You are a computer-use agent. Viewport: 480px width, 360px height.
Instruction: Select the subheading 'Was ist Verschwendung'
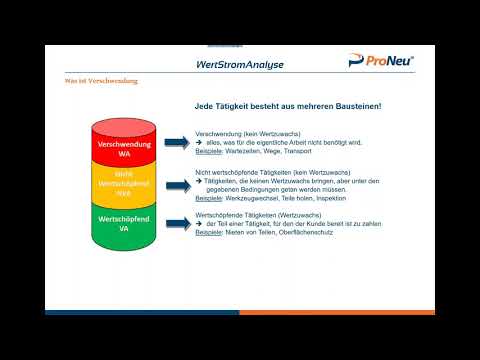click(x=100, y=82)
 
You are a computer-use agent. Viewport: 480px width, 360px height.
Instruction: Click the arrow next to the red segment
click(x=177, y=144)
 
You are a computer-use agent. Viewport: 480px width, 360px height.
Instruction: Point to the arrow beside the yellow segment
click(x=177, y=183)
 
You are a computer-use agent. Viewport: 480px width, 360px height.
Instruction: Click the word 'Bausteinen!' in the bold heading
click(x=351, y=106)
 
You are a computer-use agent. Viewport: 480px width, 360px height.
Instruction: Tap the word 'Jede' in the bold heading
click(x=204, y=106)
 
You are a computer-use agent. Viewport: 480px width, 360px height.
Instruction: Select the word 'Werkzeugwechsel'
click(x=243, y=198)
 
